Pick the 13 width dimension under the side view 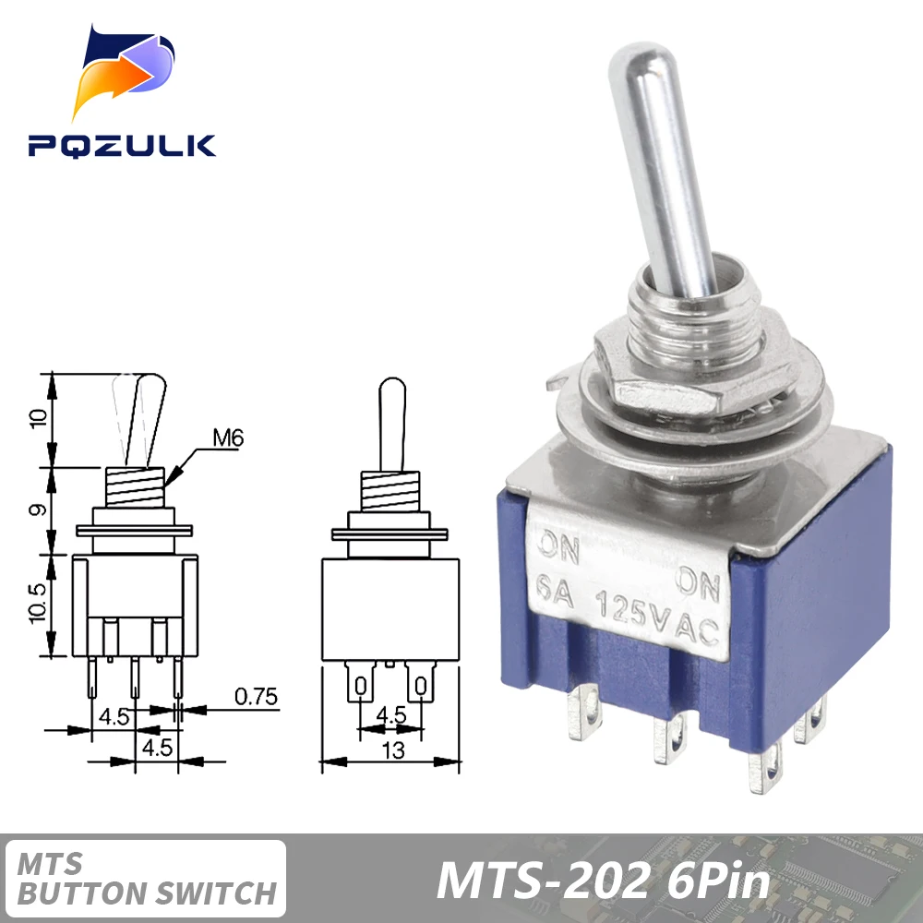click(393, 750)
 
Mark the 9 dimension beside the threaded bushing click(38, 509)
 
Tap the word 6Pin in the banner click(717, 881)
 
